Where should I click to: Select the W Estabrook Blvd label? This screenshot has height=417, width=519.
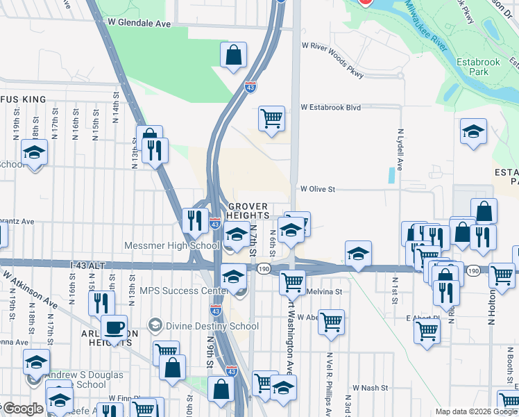coord(331,108)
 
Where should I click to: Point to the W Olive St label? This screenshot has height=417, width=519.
coord(318,189)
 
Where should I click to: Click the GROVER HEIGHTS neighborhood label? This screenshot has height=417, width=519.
coord(248,211)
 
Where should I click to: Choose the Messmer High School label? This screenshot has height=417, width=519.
coord(171,245)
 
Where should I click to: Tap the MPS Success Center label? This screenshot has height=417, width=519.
coord(183,291)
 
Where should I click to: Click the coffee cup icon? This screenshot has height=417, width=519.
coord(114,327)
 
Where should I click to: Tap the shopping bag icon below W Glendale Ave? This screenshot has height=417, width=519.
coord(234,54)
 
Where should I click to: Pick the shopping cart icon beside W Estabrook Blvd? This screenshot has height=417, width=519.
coord(272,117)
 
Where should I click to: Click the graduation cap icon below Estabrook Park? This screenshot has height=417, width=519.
coord(473,131)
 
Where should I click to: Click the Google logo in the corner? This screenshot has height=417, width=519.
coord(22,409)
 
